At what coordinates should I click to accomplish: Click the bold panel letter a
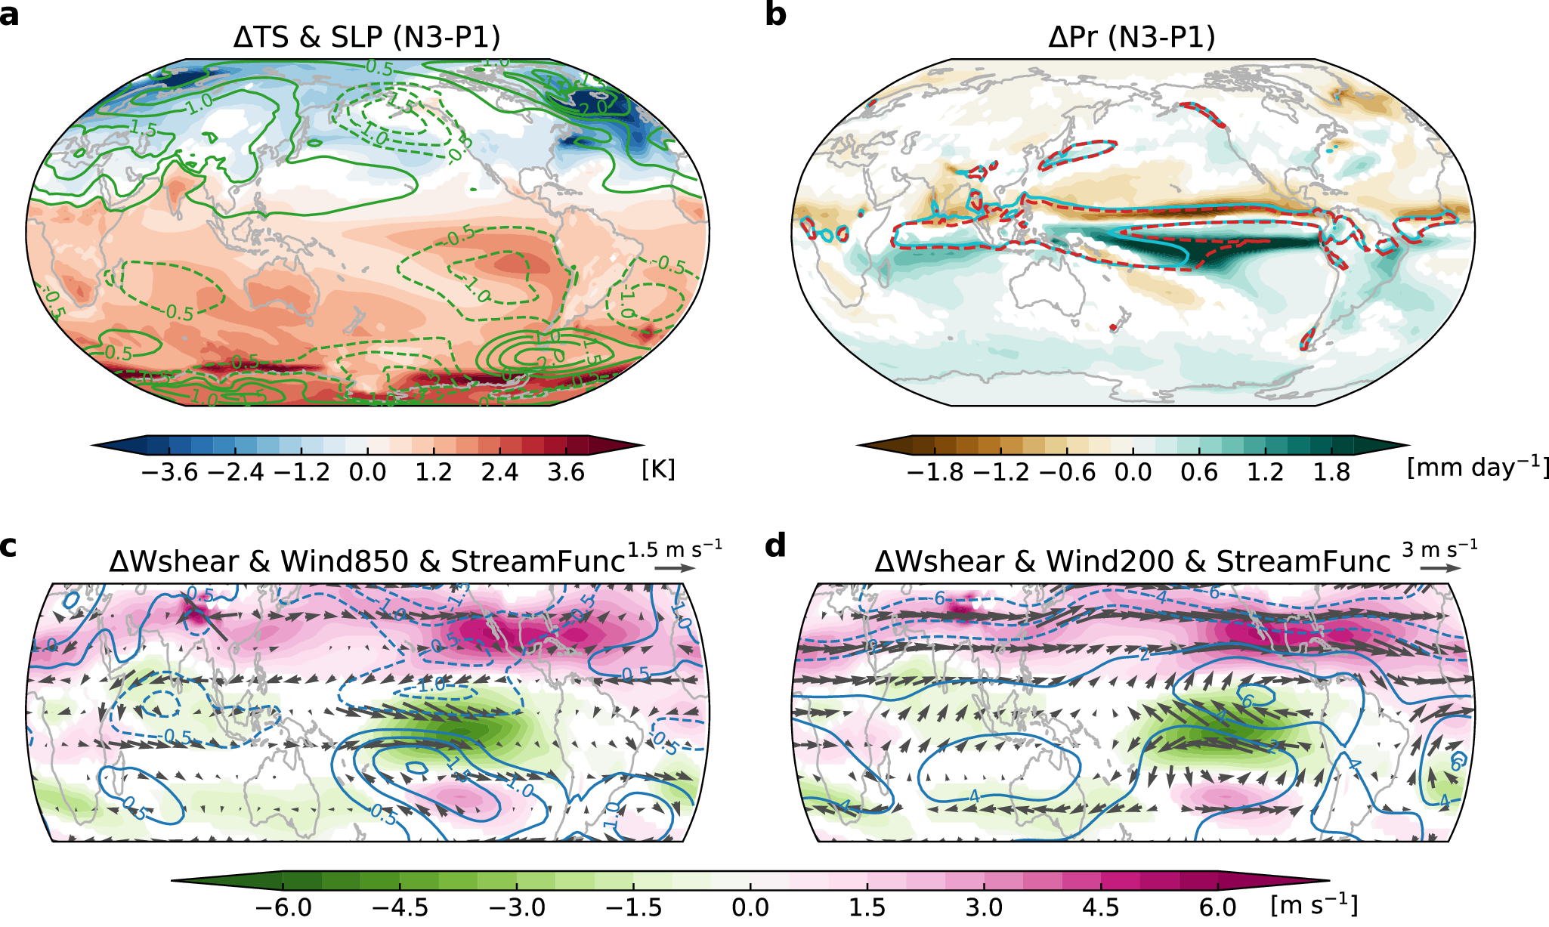tap(10, 14)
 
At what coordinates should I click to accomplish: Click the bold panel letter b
tap(776, 14)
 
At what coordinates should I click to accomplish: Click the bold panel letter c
tap(8, 545)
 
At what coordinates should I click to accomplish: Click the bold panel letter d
tap(776, 545)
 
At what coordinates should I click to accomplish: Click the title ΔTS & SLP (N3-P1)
tap(366, 37)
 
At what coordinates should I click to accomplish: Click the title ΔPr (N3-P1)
tap(1132, 37)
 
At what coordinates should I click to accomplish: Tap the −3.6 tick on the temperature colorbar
tap(169, 472)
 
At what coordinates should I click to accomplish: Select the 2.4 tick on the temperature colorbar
tap(499, 472)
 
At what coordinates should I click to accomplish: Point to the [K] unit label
tap(658, 469)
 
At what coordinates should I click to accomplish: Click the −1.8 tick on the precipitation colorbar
tap(935, 472)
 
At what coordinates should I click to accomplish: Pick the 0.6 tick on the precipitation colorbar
tap(1199, 472)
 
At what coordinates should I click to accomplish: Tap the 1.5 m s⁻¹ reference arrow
tap(675, 568)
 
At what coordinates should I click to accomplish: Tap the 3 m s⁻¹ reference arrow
tap(1441, 568)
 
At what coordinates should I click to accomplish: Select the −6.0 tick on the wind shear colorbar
tap(283, 907)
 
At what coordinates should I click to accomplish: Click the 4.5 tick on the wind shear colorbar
tap(1101, 907)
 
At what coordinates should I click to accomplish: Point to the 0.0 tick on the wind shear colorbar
tap(750, 907)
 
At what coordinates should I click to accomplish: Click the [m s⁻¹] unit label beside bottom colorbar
tap(1314, 904)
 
